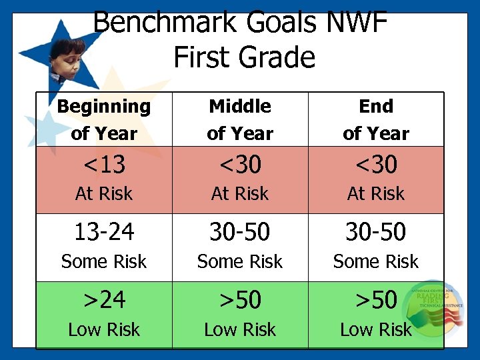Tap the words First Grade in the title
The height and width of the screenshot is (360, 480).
click(x=243, y=57)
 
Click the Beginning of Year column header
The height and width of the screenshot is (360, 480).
click(x=104, y=119)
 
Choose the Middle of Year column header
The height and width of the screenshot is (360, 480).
click(x=240, y=119)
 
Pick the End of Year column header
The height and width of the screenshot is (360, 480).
click(x=376, y=119)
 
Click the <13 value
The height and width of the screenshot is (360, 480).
click(x=104, y=164)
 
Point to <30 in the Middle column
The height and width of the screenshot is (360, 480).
click(x=240, y=164)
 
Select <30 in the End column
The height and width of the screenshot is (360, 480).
click(x=376, y=164)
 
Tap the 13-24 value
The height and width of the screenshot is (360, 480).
click(x=104, y=232)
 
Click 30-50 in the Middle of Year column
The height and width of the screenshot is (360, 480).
click(x=240, y=232)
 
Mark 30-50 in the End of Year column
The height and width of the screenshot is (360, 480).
click(x=376, y=232)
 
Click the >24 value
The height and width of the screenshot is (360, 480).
click(x=104, y=300)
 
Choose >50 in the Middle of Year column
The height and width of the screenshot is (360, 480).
click(x=240, y=300)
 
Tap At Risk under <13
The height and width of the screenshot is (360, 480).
click(x=104, y=194)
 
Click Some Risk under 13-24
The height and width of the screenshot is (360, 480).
click(x=104, y=262)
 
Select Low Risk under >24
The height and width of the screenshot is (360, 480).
click(x=104, y=329)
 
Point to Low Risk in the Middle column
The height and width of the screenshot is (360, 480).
click(x=240, y=329)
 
